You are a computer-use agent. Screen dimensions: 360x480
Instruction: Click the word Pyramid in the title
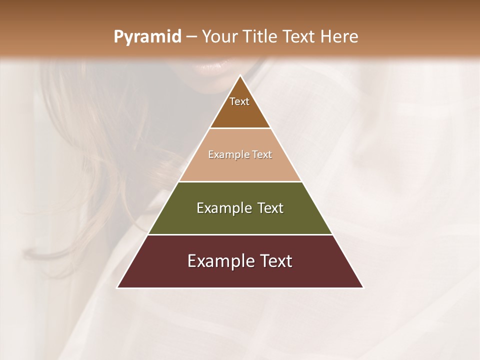coord(147,37)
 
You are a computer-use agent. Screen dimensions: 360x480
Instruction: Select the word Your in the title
coord(219,37)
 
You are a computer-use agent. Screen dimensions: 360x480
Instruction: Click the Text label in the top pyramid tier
coord(239,101)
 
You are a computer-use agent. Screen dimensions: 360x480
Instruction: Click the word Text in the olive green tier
coord(270,208)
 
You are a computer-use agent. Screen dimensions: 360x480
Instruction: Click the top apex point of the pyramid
coord(240,76)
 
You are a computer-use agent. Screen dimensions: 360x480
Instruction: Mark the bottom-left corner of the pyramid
coord(118,287)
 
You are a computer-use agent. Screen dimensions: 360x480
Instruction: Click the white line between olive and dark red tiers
coord(240,234)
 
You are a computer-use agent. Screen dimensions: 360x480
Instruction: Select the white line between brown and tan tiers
coord(240,128)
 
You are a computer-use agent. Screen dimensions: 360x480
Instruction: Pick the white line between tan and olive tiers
coord(240,181)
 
